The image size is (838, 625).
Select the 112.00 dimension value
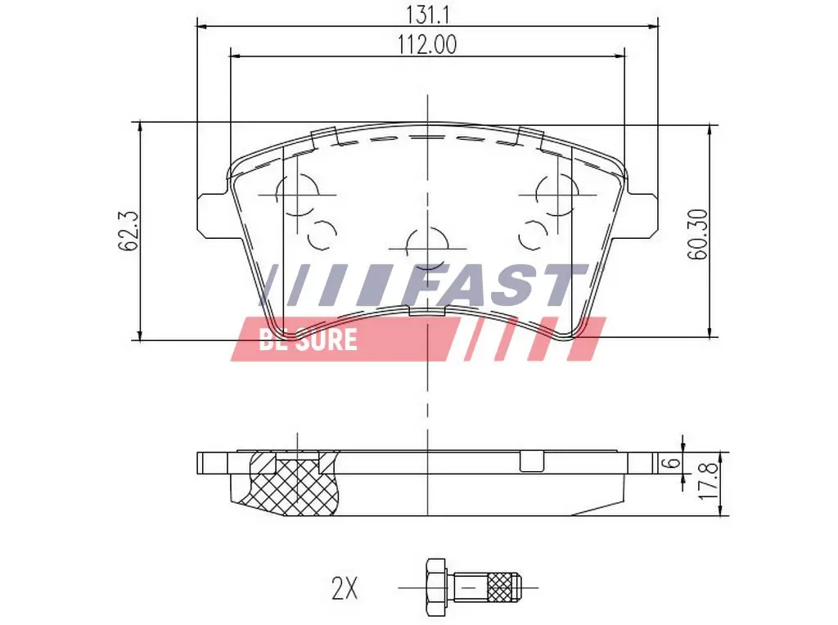pyautogui.click(x=427, y=45)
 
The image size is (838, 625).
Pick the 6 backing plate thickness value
pyautogui.click(x=672, y=463)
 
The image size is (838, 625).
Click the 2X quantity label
pyautogui.click(x=345, y=587)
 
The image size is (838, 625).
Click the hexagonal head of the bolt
pyautogui.click(x=435, y=587)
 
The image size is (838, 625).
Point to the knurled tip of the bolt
pyautogui.click(x=503, y=587)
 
